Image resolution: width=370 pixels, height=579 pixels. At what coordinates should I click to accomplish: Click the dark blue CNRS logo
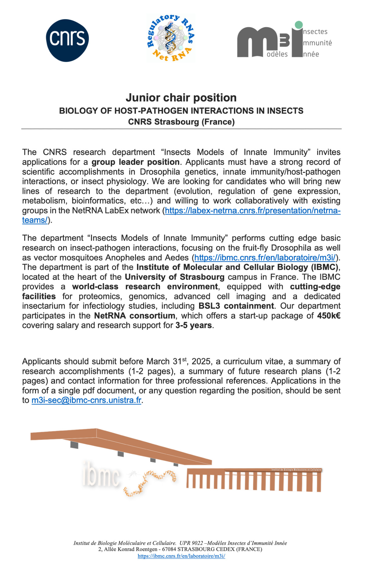pos(67,40)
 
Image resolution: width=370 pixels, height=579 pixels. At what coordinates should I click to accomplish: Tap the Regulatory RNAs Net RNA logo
pos(170,38)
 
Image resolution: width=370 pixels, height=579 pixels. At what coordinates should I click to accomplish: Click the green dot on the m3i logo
pos(298,25)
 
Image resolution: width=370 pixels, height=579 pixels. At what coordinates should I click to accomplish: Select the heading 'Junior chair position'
pos(181,98)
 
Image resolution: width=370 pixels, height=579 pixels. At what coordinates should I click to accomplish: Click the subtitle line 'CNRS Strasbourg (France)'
pos(181,122)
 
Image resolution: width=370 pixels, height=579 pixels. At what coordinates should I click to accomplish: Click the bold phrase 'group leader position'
pos(136,162)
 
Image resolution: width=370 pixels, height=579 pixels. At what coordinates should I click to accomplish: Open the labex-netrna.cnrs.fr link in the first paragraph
pos(252,210)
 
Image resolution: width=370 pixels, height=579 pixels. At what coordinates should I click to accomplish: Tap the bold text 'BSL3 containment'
pos(236,306)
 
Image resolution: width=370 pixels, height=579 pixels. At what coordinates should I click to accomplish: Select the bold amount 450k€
pos(329,316)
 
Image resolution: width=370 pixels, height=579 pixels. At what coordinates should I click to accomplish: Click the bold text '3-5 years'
pos(194,325)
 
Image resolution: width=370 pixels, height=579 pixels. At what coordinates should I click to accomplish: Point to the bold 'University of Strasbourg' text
pos(174,277)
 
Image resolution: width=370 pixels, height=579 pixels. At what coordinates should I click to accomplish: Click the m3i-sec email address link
pos(86,400)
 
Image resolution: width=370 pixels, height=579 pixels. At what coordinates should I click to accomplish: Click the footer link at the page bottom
pos(181,556)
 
